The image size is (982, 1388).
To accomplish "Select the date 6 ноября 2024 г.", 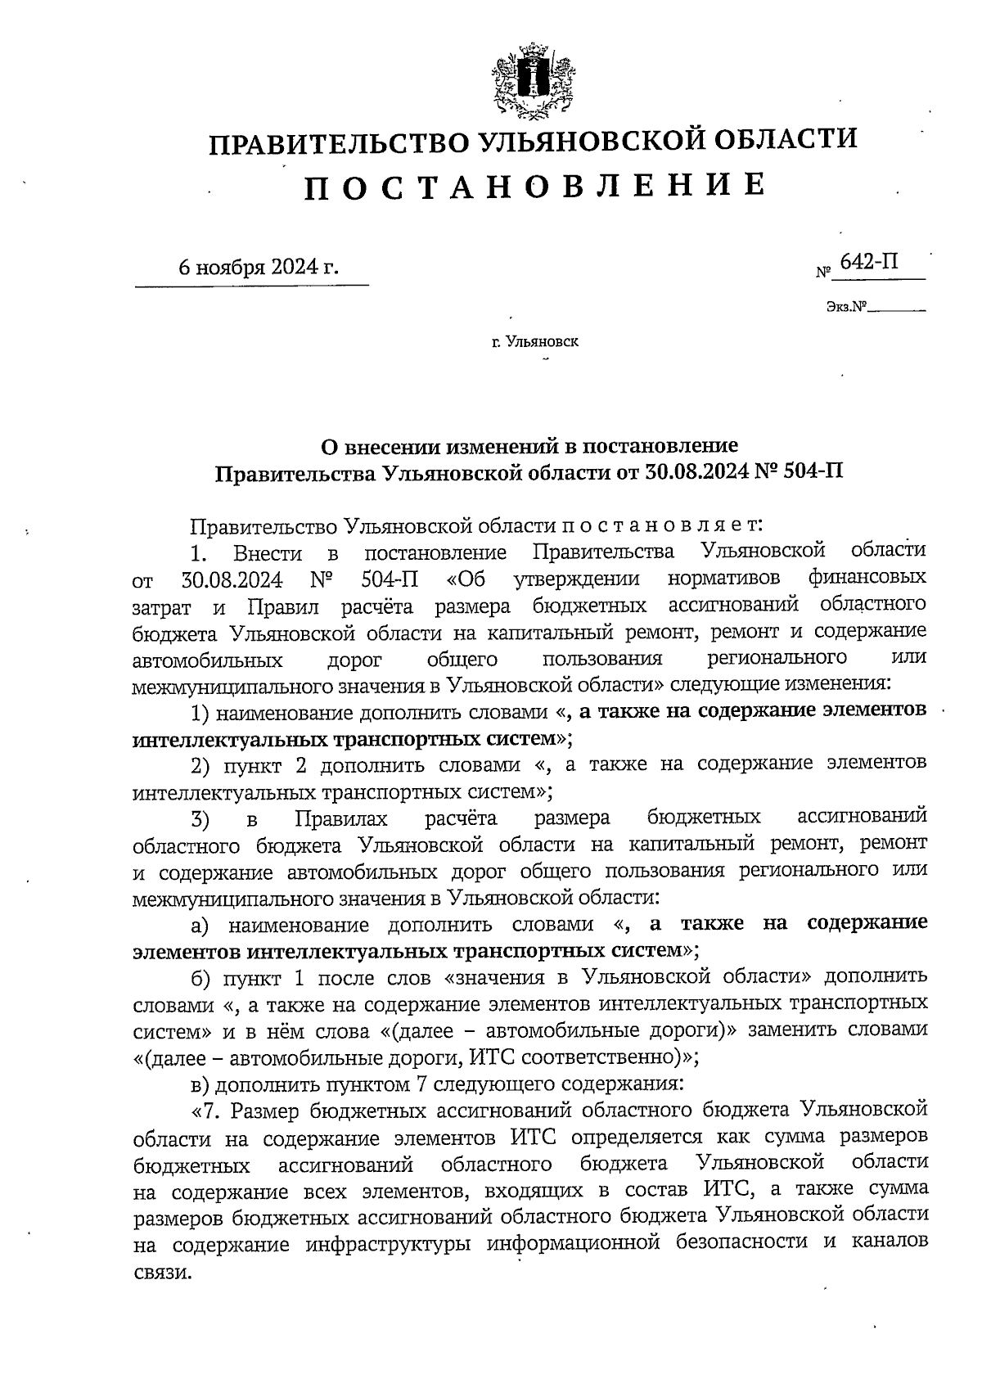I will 258,268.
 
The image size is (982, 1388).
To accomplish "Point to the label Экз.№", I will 846,309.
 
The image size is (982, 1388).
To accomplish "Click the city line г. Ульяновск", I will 535,341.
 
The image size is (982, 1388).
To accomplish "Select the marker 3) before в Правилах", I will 201,818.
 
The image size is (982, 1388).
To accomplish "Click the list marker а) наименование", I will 201,926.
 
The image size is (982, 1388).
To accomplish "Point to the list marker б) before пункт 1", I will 201,979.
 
